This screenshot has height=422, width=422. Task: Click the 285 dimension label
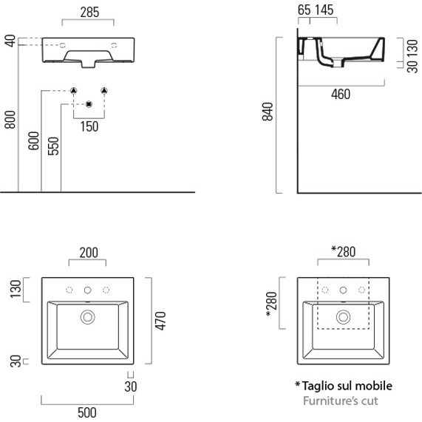[89, 13]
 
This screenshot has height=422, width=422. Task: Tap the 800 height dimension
[10, 120]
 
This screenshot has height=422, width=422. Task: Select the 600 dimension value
[34, 140]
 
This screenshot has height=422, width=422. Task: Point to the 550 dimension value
[53, 146]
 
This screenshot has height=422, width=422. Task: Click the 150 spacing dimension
[89, 127]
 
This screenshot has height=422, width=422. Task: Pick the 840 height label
[268, 112]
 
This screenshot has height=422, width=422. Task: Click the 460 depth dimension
[341, 94]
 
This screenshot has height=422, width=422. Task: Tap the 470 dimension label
[160, 321]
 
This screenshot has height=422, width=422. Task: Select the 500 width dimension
[87, 412]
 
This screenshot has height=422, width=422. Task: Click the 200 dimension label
[89, 253]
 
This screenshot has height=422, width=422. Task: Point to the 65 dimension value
[304, 10]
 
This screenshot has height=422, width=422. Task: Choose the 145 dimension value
[324, 10]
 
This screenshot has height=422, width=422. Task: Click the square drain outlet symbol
[89, 104]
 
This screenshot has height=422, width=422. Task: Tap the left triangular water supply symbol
[73, 90]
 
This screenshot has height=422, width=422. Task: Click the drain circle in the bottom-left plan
[87, 317]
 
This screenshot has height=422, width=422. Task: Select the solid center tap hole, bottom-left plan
[87, 290]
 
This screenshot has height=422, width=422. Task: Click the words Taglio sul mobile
[347, 386]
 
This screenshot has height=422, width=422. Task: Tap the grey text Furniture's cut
[341, 401]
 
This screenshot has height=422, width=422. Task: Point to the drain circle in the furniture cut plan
[343, 317]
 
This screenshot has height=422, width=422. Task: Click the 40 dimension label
[10, 41]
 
